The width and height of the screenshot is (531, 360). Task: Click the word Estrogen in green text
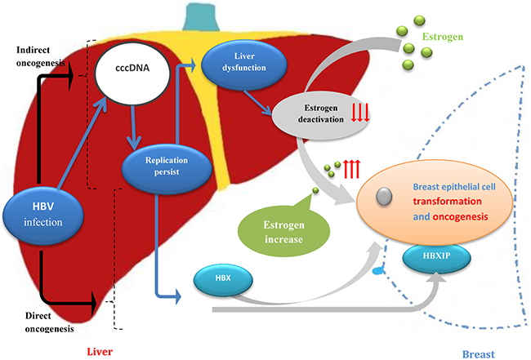coord(446,38)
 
